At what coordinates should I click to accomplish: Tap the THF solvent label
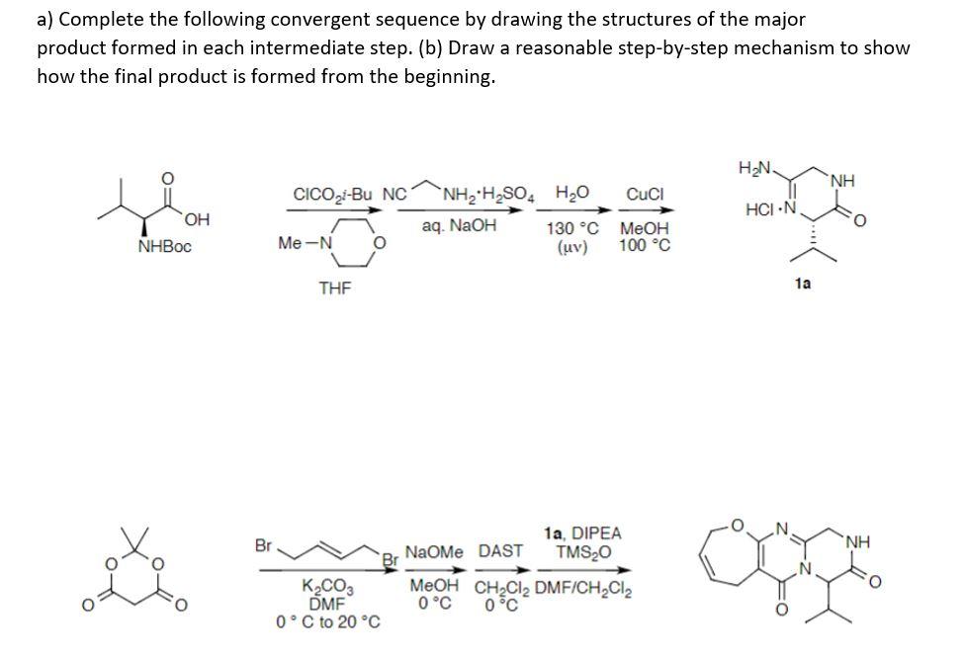point(334,287)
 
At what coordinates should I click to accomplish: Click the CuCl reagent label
point(644,194)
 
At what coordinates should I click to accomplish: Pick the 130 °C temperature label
point(570,229)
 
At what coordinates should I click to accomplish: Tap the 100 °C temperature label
point(645,245)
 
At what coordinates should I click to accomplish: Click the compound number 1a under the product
point(804,283)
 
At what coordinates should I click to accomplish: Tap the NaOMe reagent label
point(435,551)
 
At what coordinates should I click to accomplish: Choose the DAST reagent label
point(500,551)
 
